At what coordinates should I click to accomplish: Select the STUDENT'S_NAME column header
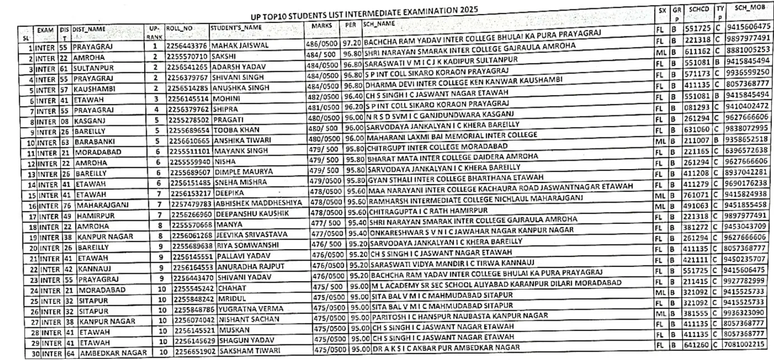coord(236,27)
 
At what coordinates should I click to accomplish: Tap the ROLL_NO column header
coord(180,27)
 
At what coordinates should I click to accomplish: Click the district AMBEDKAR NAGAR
coord(114,353)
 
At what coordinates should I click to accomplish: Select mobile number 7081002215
coord(749,344)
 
